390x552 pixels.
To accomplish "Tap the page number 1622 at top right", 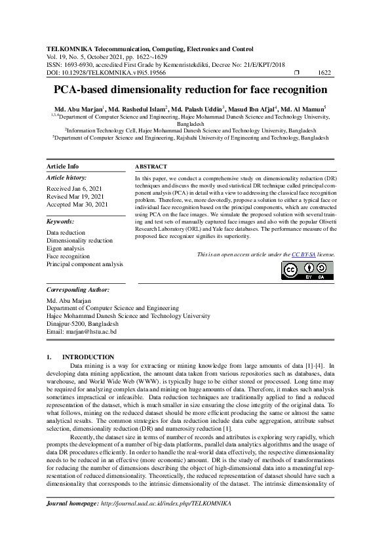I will pyautogui.click(x=324, y=73).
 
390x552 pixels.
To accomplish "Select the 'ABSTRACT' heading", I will pyautogui.click(x=151, y=167).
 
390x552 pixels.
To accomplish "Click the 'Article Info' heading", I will pyautogui.click(x=63, y=167).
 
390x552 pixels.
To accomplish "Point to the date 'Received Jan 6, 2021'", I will pyautogui.click(x=75, y=188).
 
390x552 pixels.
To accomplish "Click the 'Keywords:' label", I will pyautogui.click(x=60, y=222).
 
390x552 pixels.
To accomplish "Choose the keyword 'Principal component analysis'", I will pyautogui.click(x=85, y=264).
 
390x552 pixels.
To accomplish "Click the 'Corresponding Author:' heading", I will pyautogui.click(x=78, y=289).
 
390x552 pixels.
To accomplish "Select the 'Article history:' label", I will pyautogui.click(x=67, y=178).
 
